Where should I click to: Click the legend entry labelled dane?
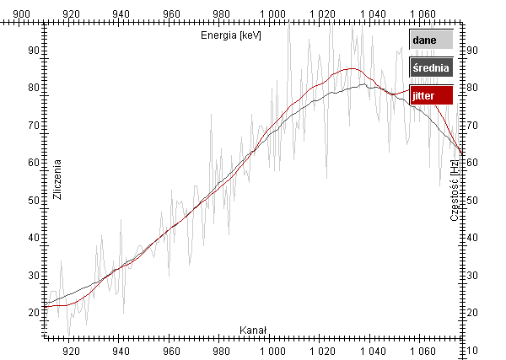click(x=432, y=40)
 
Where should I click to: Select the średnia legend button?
click(x=432, y=67)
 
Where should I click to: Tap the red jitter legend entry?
click(x=432, y=95)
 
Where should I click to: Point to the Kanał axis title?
click(x=253, y=330)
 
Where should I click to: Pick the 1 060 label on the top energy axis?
click(x=422, y=13)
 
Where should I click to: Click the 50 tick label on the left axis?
click(x=34, y=200)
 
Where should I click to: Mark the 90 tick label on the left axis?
click(x=34, y=50)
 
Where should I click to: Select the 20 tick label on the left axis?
click(x=34, y=313)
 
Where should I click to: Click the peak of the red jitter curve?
click(x=353, y=69)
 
